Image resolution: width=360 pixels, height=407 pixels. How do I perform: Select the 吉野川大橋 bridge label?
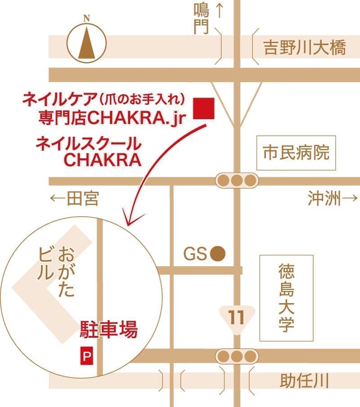305,48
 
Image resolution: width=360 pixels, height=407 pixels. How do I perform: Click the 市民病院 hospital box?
296,153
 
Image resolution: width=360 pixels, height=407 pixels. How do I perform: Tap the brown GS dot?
218,254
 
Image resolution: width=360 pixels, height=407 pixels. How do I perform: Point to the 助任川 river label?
305,382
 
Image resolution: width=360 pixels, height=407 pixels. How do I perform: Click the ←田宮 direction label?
74,198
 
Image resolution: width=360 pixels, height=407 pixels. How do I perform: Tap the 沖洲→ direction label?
333,198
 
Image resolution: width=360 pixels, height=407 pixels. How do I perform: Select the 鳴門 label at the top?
202,18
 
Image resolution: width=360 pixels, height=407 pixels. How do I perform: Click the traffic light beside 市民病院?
237,181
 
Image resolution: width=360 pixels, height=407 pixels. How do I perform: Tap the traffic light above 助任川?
237,357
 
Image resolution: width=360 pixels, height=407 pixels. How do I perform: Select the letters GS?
195,255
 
